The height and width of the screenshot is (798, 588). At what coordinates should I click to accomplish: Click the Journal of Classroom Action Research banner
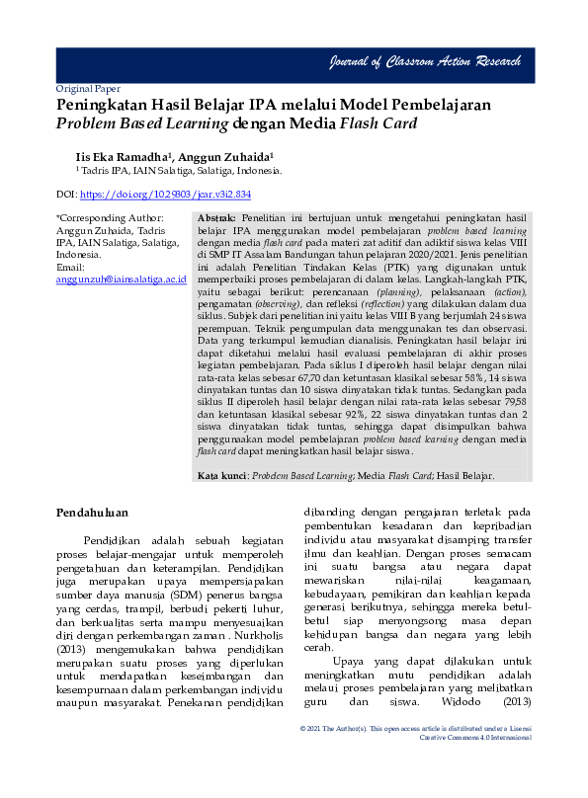click(x=425, y=62)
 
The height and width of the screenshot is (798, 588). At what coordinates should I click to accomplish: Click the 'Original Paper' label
click(x=88, y=88)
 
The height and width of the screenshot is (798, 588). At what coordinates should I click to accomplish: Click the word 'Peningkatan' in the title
click(x=102, y=105)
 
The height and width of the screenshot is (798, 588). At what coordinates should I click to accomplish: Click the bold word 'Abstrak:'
click(x=216, y=217)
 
